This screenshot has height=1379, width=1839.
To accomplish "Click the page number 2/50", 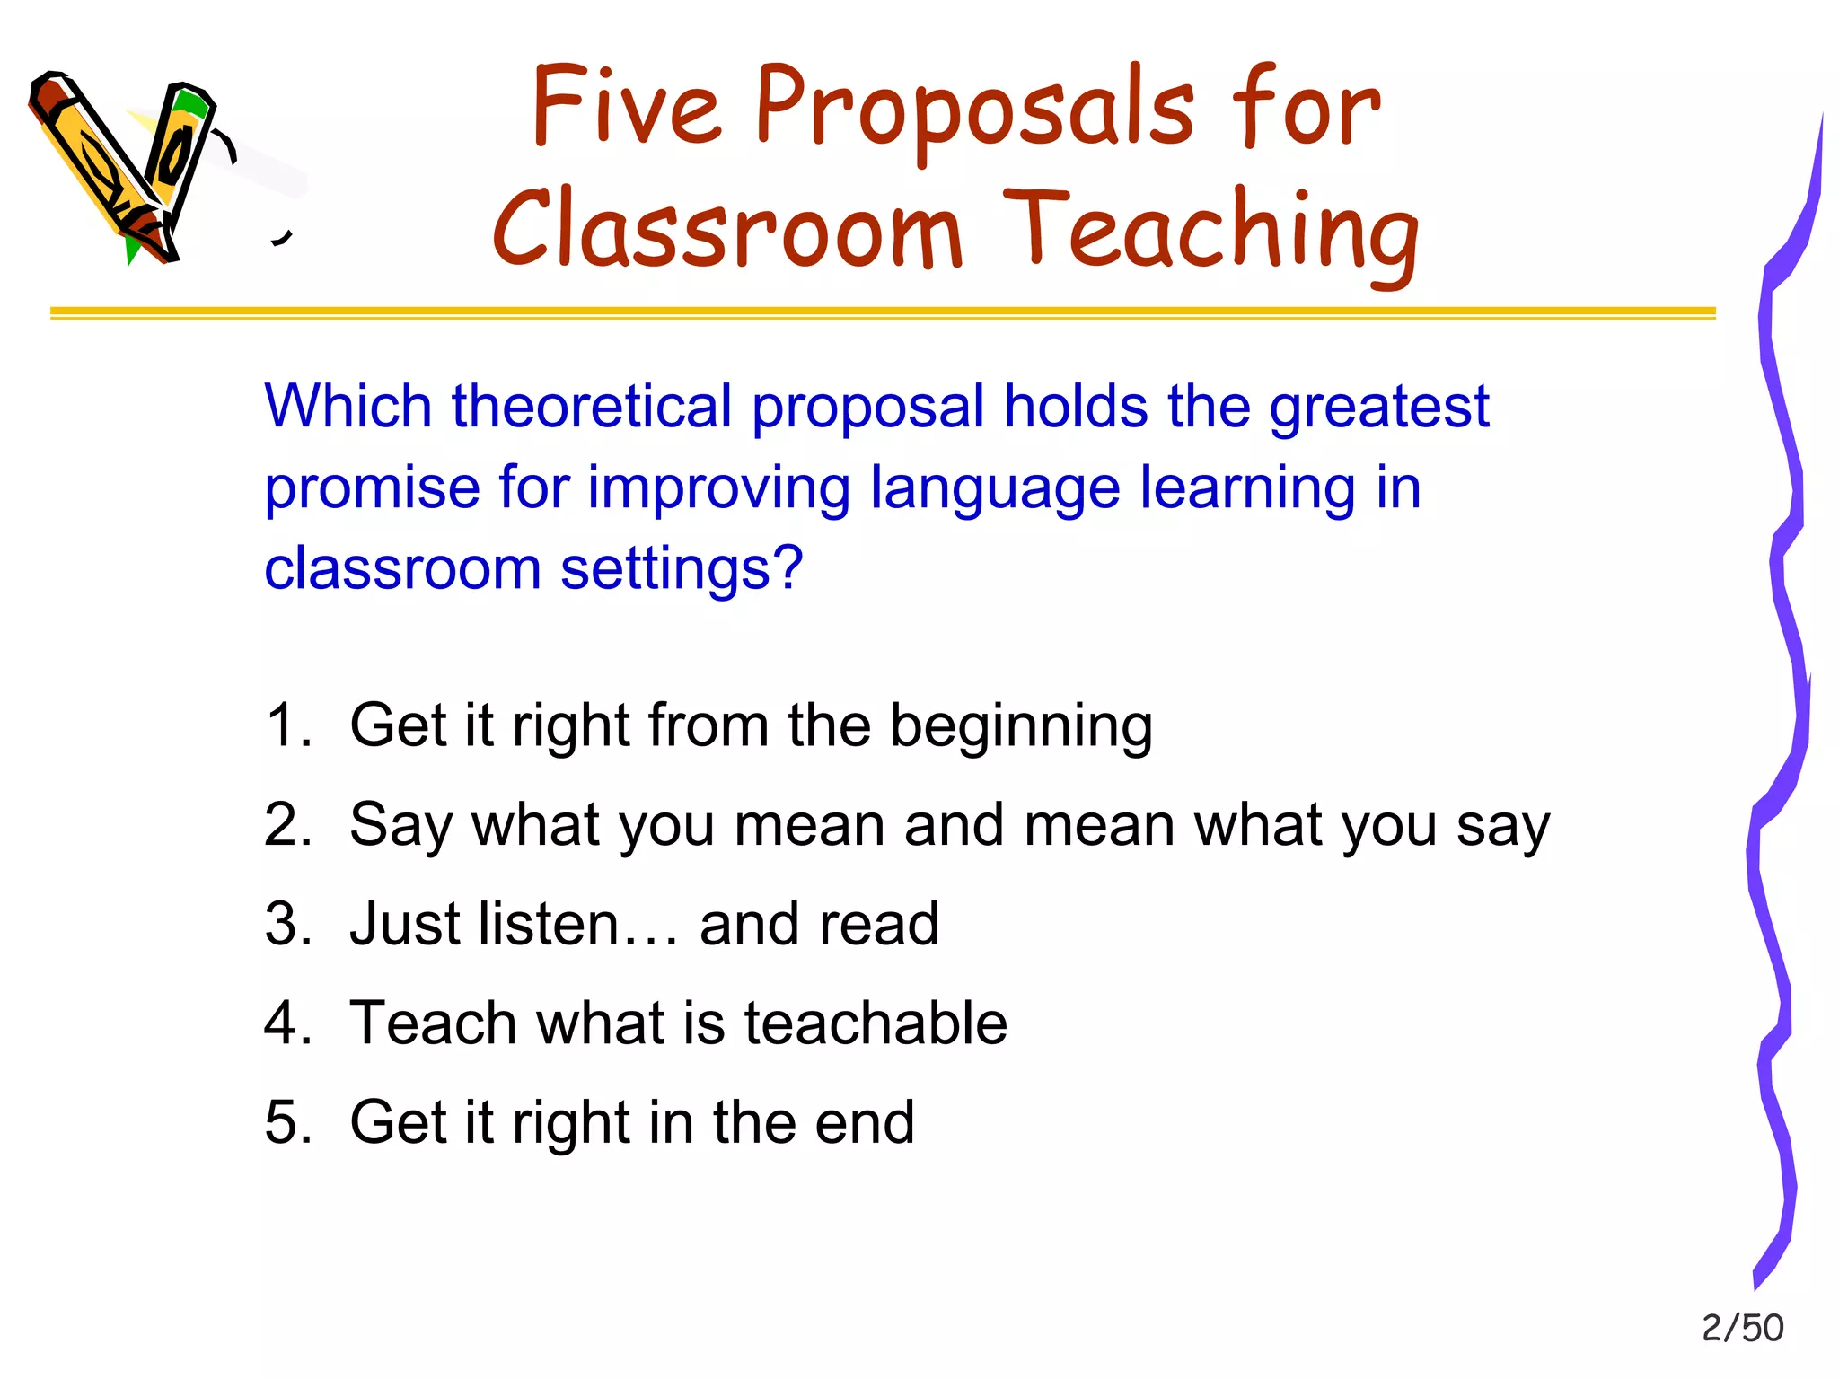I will pos(1742,1328).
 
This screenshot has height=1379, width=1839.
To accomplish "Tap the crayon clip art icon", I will pos(126,166).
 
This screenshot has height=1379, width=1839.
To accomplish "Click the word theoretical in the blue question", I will pos(592,407).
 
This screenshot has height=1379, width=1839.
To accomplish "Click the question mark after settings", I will pos(787,568).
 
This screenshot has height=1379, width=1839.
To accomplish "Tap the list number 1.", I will pos(287,725).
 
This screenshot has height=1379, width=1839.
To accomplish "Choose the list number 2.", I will pos(287,824).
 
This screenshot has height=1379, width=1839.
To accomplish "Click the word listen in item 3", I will pos(548,924).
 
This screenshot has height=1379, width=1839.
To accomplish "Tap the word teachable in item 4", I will pos(876,1023).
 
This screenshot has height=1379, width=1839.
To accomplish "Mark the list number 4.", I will pos(287,1023).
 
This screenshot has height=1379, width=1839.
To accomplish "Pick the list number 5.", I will pos(287,1122).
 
